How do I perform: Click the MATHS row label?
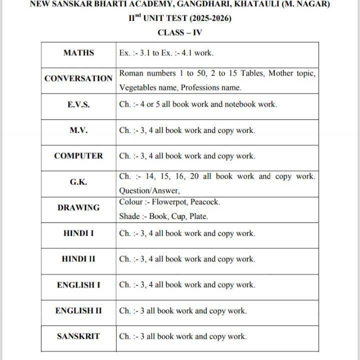coord(78,52)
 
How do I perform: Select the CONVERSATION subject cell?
coord(78,78)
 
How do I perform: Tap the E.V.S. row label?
coord(78,104)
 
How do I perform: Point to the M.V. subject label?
coord(78,130)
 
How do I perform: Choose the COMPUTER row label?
coord(78,155)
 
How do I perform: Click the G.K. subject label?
coord(78,182)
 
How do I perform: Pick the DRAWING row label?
coord(78,207)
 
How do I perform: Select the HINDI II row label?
coord(78,259)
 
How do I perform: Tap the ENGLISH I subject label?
coord(78,285)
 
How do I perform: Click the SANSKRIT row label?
coord(78,336)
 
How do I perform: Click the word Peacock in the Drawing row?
coord(204,202)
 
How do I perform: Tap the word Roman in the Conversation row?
coord(131,73)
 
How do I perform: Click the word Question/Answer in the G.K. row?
coord(149,190)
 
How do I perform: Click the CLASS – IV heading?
coord(180,33)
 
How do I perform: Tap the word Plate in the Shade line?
coord(198,216)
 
